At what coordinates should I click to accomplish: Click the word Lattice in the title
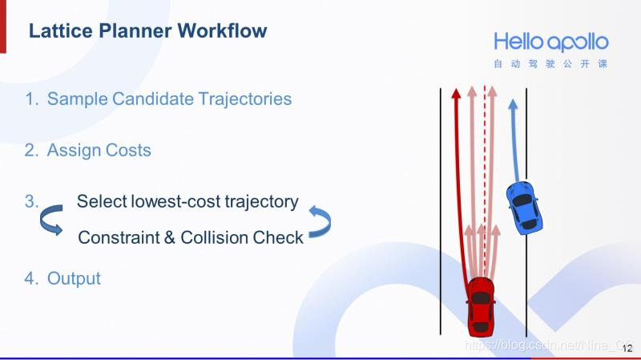(55, 31)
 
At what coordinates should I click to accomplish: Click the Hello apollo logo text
(550, 42)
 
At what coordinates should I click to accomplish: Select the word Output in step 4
(74, 279)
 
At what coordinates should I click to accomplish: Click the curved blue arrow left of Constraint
(51, 220)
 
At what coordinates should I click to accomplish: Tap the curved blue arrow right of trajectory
(320, 221)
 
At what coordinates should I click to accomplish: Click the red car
(481, 305)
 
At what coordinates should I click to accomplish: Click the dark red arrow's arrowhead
(456, 94)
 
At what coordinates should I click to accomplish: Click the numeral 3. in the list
(31, 201)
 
